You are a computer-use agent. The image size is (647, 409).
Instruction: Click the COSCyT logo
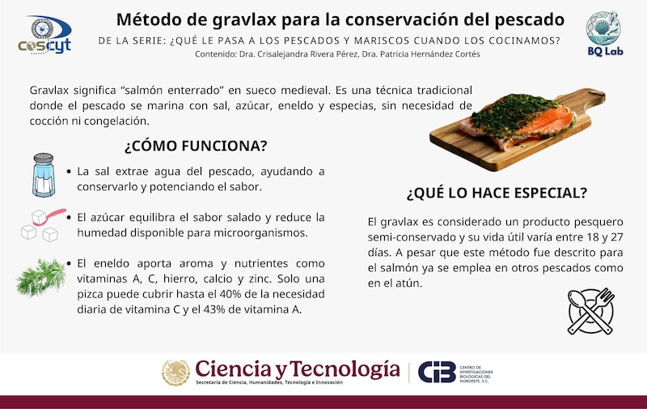pos(44,35)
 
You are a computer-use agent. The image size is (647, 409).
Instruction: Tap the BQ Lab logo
pos(605,34)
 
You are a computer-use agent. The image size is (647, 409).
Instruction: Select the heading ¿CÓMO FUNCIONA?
pos(196,146)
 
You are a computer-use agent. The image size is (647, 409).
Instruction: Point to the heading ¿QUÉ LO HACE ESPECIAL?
pos(497,193)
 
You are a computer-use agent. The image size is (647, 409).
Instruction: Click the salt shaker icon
pos(44,175)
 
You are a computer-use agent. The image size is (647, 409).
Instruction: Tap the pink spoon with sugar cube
pos(49,216)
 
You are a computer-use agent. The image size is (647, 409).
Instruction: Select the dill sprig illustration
pos(41,277)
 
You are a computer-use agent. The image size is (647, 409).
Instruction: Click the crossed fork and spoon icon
pos(591,311)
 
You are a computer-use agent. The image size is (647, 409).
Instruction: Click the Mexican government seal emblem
pos(175,373)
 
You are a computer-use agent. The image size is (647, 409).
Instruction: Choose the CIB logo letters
pos(437,372)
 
